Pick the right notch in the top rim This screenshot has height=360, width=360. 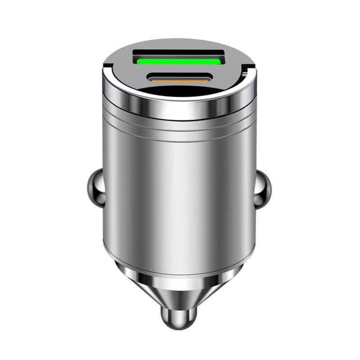246,70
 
